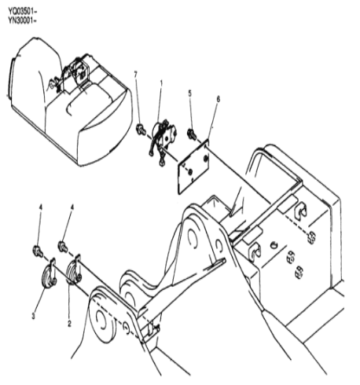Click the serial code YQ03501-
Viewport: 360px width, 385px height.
22,12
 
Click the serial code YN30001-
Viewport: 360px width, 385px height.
22,20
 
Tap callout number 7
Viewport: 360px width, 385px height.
135,75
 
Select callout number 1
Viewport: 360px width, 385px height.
161,83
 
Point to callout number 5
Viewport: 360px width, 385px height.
189,93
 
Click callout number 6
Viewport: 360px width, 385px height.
218,99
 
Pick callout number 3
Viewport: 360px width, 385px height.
33,316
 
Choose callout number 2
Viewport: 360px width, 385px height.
69,324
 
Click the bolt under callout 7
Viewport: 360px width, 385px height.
141,130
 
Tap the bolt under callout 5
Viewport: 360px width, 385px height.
192,134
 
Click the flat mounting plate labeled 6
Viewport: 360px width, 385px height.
193,167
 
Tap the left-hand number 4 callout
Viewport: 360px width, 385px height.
40,207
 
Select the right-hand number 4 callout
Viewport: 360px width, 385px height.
72,207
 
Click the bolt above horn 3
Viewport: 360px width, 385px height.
39,251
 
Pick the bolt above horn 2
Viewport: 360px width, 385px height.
63,247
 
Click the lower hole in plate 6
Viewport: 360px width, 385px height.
190,171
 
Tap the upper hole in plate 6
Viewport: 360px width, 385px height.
206,158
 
